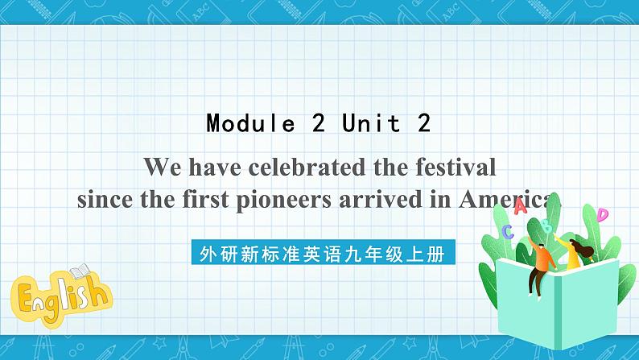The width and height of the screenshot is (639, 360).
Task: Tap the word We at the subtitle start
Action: (161, 168)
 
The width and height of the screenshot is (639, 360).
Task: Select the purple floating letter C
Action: (507, 232)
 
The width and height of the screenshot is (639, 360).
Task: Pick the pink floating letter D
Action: (602, 214)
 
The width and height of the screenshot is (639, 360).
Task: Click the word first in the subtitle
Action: (199, 199)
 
